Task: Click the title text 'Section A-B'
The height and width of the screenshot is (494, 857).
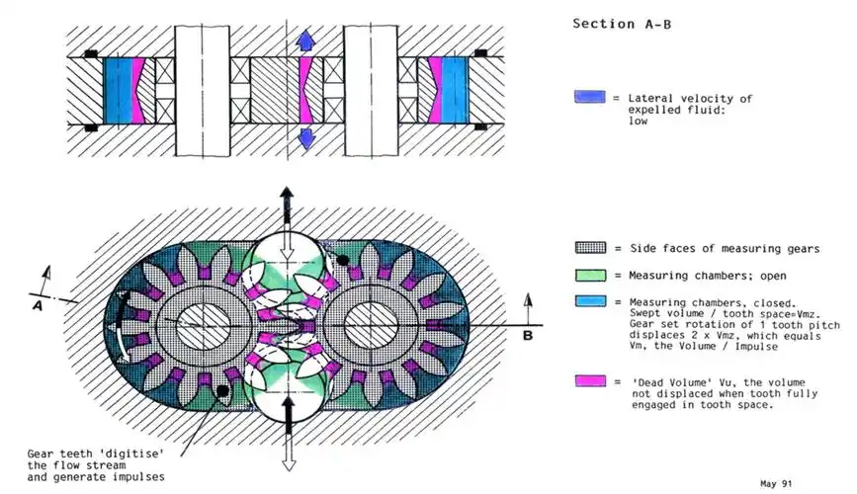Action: tap(622, 24)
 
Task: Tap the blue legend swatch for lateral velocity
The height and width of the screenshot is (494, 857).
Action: tap(590, 97)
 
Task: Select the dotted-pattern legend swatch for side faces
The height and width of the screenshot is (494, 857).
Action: tap(590, 248)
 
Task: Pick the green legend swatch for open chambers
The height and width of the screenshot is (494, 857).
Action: tap(590, 275)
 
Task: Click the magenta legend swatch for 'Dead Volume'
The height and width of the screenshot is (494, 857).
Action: tap(590, 381)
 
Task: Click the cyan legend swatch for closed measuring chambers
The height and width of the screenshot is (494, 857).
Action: tap(590, 301)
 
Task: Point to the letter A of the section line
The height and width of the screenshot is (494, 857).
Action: tap(38, 306)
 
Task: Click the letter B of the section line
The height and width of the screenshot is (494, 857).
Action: tap(528, 335)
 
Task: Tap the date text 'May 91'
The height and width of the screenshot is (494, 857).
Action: tap(776, 483)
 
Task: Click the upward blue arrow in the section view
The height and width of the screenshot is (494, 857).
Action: tap(305, 41)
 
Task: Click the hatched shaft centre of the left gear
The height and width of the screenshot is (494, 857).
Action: tap(203, 325)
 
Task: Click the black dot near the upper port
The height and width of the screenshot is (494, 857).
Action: tap(342, 261)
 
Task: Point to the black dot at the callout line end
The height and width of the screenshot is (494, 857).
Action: tap(222, 390)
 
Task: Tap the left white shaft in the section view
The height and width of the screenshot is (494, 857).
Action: tap(203, 91)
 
